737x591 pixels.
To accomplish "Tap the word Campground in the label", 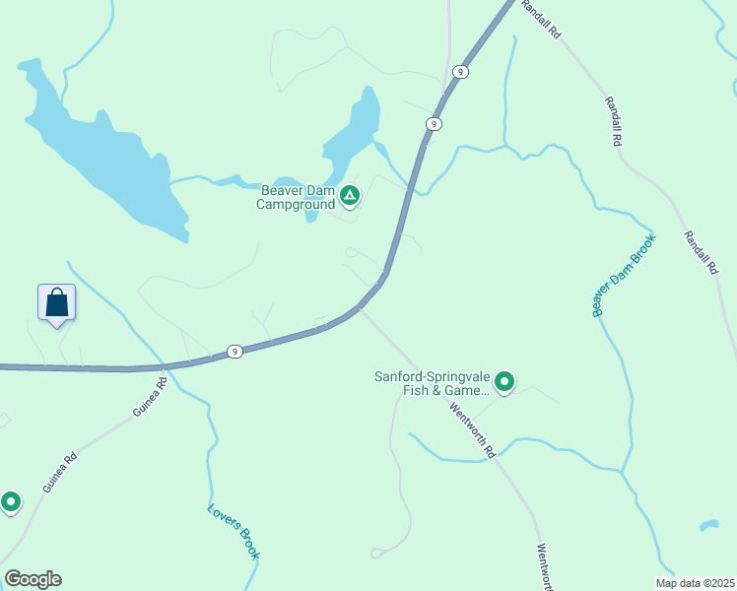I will (x=296, y=205).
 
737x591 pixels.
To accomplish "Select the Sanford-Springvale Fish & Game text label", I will (x=432, y=383).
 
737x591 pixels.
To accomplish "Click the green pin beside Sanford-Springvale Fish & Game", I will (x=504, y=381).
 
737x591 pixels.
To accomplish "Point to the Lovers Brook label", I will (x=234, y=532).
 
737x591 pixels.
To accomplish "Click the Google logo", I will (x=33, y=579).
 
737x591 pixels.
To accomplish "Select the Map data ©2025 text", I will (x=694, y=583).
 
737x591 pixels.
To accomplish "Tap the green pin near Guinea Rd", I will (x=11, y=502).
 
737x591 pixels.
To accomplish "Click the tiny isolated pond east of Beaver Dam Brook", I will (x=708, y=525).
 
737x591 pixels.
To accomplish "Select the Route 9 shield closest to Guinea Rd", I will (x=234, y=351).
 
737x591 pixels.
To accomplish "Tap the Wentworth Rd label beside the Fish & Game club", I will (x=472, y=429).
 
